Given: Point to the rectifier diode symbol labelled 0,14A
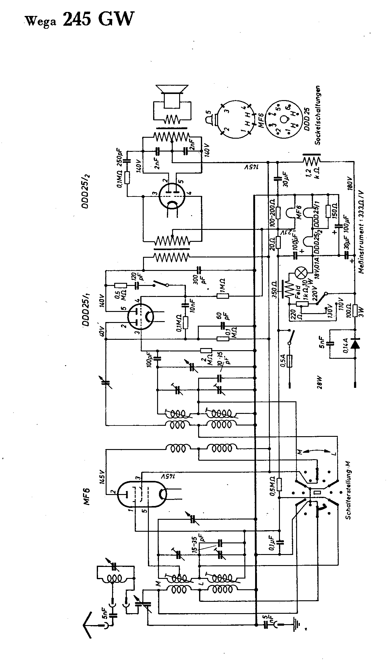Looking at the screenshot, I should pyautogui.click(x=355, y=344).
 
